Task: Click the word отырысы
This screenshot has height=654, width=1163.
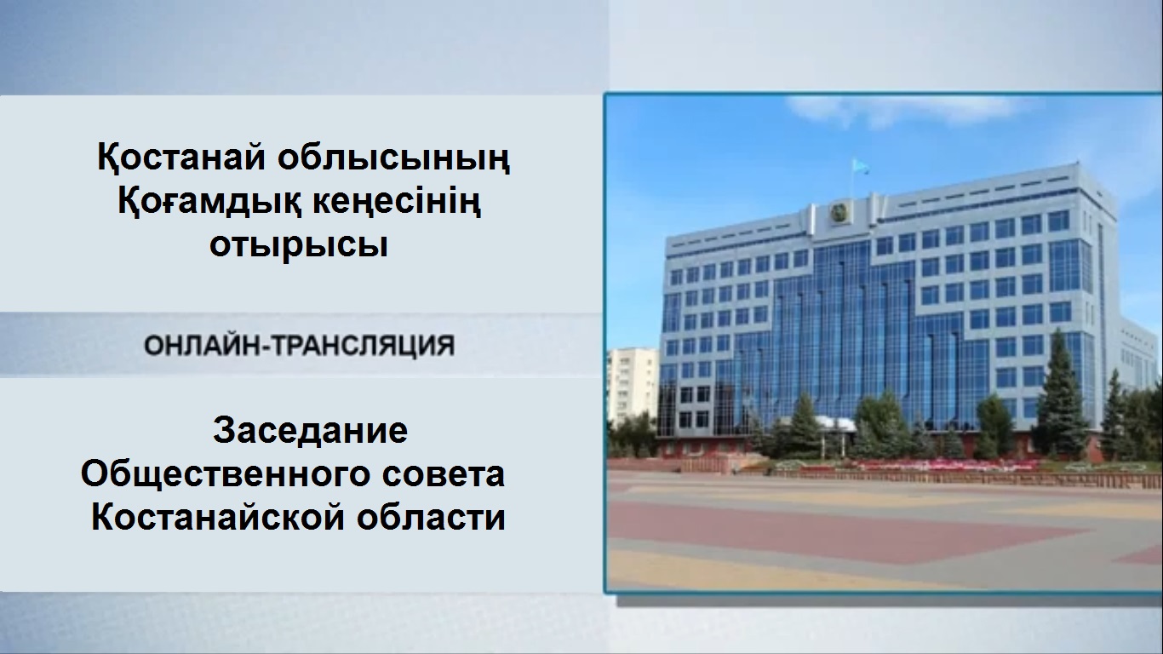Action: click(x=299, y=245)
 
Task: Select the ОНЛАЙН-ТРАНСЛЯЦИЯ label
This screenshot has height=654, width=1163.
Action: click(x=299, y=346)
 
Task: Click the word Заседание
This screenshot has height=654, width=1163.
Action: click(x=310, y=431)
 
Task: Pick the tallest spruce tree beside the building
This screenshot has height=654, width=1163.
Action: click(x=1060, y=396)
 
